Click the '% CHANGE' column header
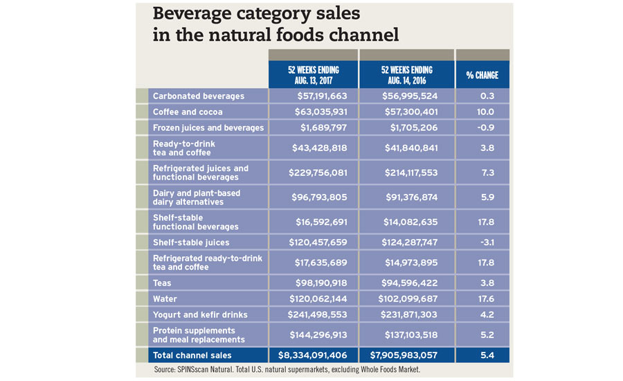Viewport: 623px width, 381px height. pos(482,75)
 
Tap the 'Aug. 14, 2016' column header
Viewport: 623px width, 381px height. pos(406,75)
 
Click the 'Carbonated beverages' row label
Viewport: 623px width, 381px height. pos(198,96)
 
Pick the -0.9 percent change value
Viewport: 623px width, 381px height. pos(482,127)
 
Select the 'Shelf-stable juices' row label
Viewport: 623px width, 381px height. pos(190,242)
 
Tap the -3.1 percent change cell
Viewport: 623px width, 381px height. pos(482,242)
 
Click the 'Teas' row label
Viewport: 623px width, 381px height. pos(162,283)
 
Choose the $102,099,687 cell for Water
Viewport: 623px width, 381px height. pos(407,299)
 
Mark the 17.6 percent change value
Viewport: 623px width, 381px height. pos(482,299)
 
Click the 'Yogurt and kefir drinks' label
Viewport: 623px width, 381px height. pos(199,314)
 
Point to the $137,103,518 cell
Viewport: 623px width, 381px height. pos(407,335)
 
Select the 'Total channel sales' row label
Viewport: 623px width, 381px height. pos(195,355)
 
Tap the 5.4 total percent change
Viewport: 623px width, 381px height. pos(482,355)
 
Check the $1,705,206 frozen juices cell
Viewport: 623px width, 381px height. pos(407,127)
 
